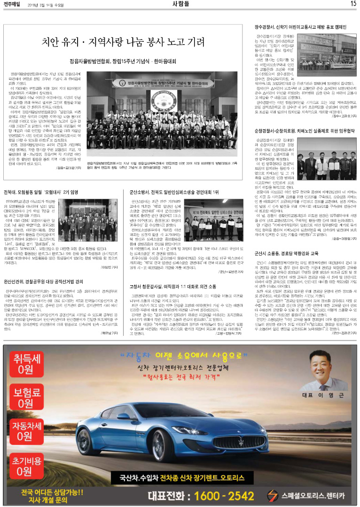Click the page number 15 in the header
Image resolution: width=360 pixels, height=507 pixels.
click(353, 4)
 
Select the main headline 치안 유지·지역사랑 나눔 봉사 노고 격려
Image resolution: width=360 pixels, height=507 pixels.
click(123, 42)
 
